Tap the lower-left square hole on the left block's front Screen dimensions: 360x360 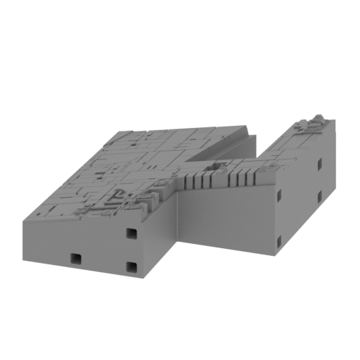(75, 259)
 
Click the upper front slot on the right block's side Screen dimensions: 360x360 (280, 194)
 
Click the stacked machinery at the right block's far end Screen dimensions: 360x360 (311, 124)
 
